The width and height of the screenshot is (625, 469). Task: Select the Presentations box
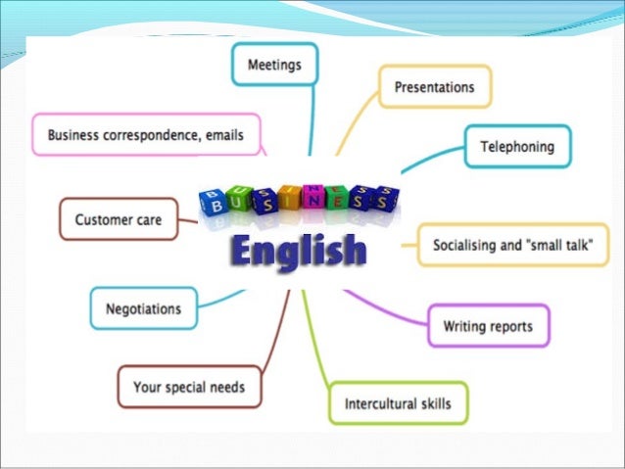pyautogui.click(x=434, y=87)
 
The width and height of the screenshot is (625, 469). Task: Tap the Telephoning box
pyautogui.click(x=516, y=147)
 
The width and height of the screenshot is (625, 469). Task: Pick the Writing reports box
pyautogui.click(x=488, y=325)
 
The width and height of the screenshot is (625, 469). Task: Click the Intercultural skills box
pyautogui.click(x=398, y=402)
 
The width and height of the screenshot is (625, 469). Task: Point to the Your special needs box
pyautogui.click(x=189, y=387)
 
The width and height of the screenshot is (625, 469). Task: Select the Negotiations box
pyautogui.click(x=143, y=308)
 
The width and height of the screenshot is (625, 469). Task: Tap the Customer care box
pyautogui.click(x=118, y=219)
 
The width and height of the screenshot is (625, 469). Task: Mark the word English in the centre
pyautogui.click(x=299, y=250)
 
